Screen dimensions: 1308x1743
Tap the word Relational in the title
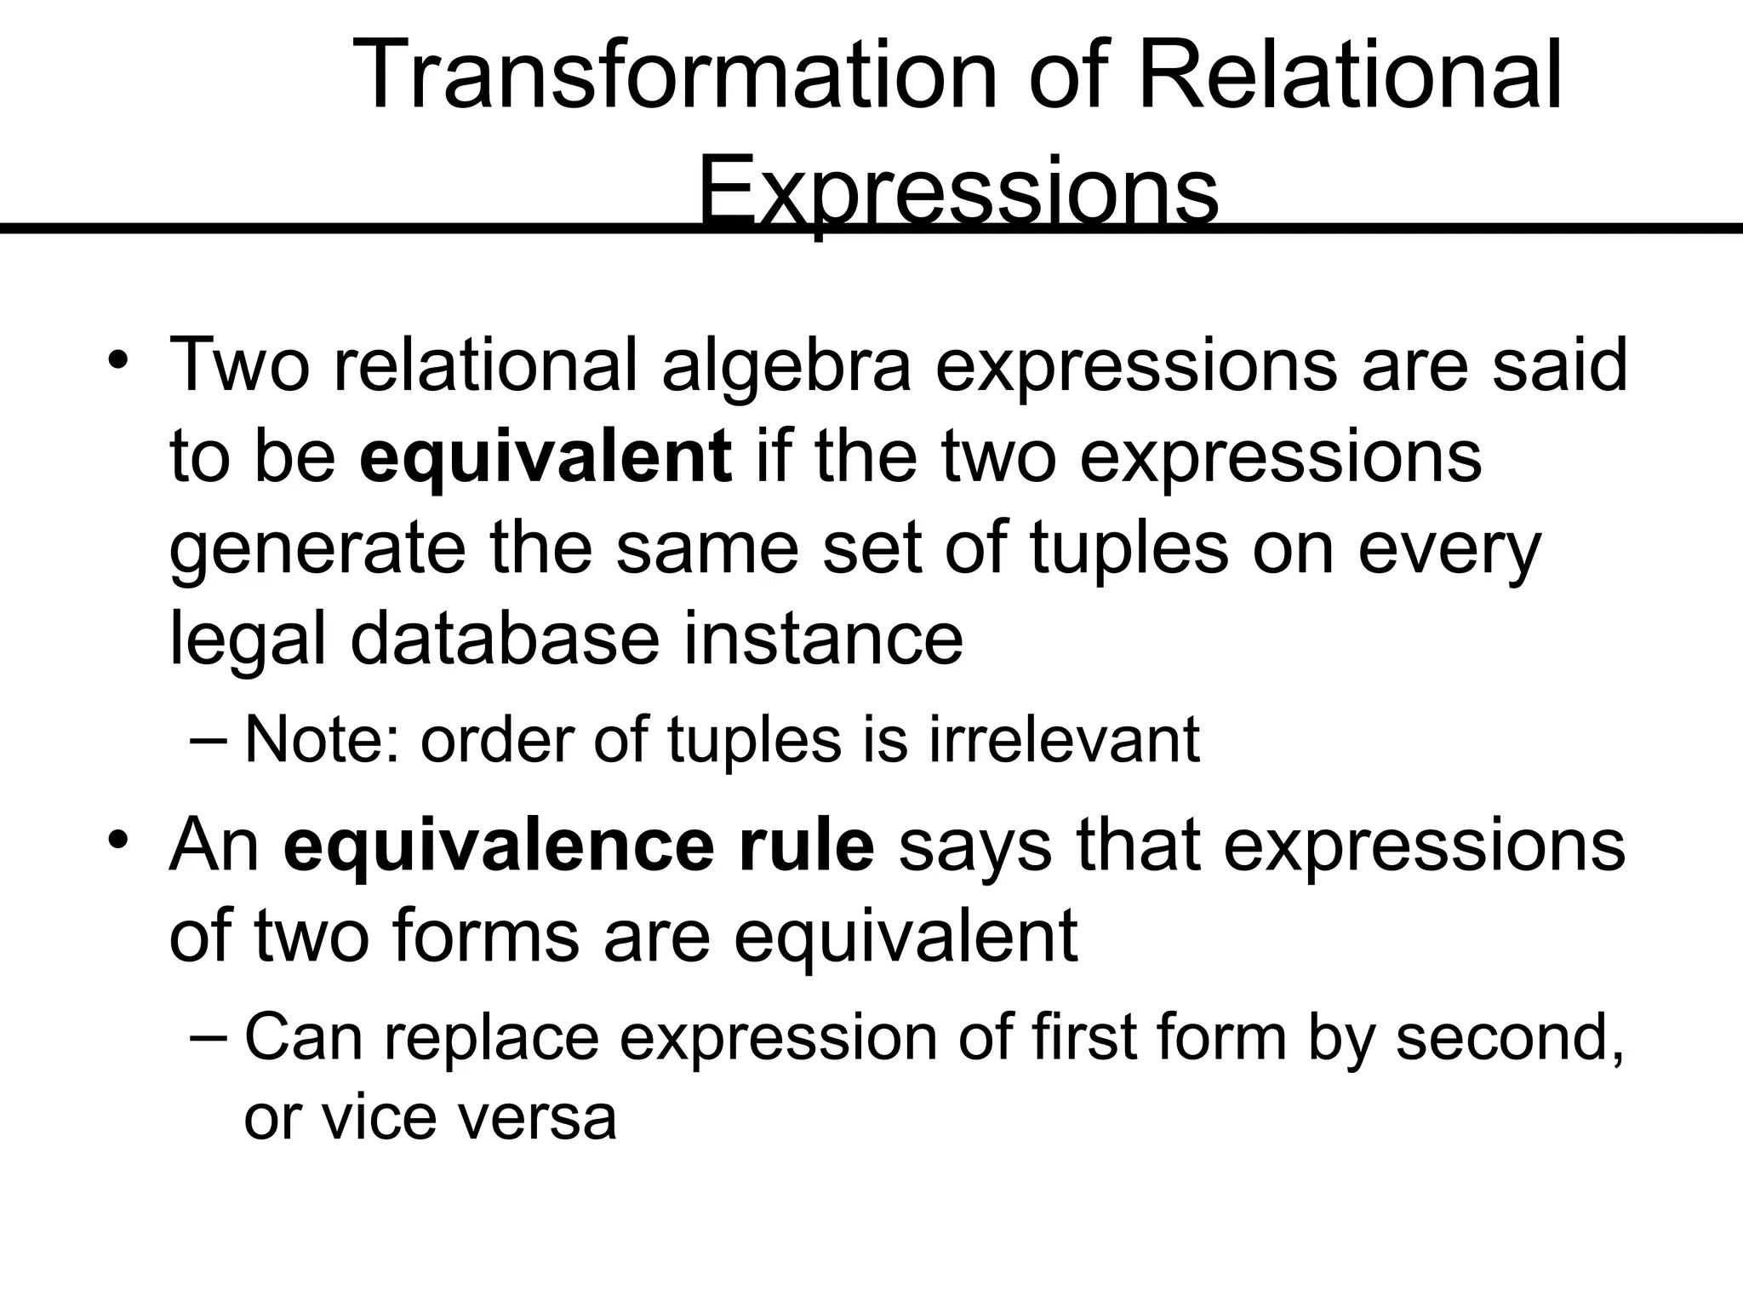(x=1350, y=76)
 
